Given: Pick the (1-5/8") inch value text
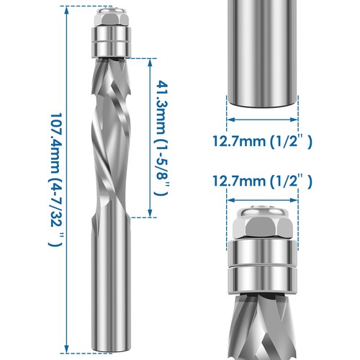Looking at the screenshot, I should [163, 170].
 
